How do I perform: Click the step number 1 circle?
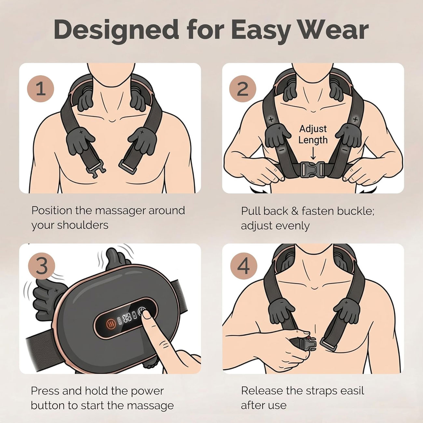40,89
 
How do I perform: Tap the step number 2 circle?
242,89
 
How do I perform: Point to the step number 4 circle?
244,266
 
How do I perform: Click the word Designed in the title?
116,30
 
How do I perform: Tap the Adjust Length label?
313,134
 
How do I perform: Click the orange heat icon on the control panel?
110,323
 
